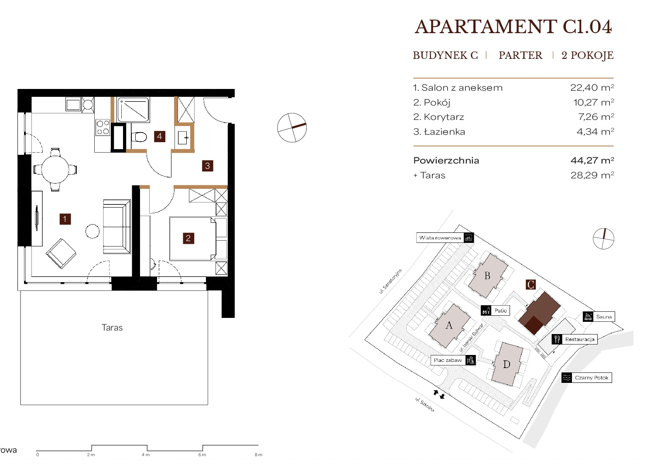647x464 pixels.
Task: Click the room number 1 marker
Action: tap(65, 219)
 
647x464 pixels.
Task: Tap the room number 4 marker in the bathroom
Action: tap(159, 136)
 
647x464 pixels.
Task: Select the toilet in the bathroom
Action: tap(139, 137)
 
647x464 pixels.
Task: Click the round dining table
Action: tap(55, 170)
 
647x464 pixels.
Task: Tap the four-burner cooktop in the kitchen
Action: tap(103, 127)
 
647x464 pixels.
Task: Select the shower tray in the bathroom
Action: tap(133, 110)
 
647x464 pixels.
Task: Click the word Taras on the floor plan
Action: tap(112, 328)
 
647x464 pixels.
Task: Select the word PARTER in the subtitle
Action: tap(520, 55)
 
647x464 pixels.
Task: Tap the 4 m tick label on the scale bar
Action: tap(146, 454)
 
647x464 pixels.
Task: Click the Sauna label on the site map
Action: tap(604, 317)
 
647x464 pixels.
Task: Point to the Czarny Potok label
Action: tap(592, 378)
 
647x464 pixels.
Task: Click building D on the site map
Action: tap(507, 364)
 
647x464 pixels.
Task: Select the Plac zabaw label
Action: tap(448, 360)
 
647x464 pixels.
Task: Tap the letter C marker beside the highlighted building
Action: tap(531, 285)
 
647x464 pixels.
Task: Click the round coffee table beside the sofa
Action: tap(92, 231)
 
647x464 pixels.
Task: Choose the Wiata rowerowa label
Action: tap(440, 238)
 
